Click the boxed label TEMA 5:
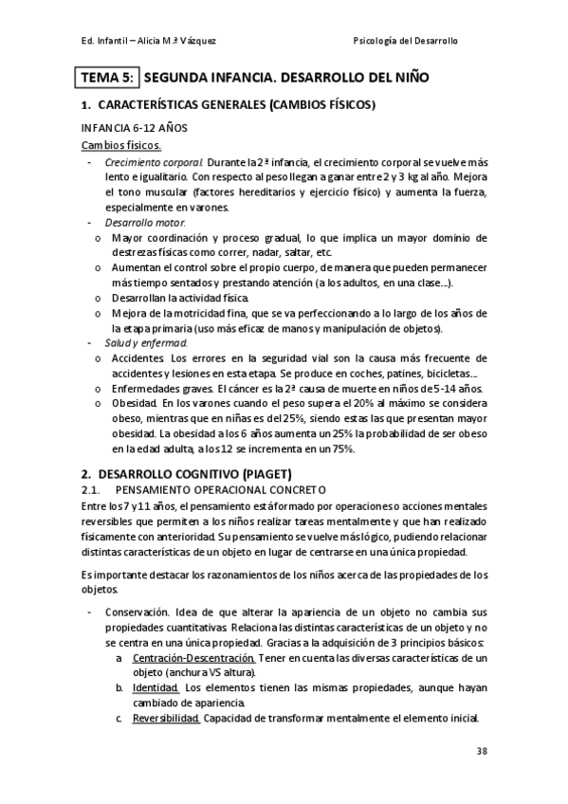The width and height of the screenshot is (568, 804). [107, 79]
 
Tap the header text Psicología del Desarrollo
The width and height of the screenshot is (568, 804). [417, 42]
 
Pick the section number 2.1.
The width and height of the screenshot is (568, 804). [91, 489]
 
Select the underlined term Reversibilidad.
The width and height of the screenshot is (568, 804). [166, 718]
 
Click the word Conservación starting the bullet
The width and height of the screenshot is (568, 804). [137, 612]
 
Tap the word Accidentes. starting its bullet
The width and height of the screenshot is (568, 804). [138, 357]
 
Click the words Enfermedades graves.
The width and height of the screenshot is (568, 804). [162, 389]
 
